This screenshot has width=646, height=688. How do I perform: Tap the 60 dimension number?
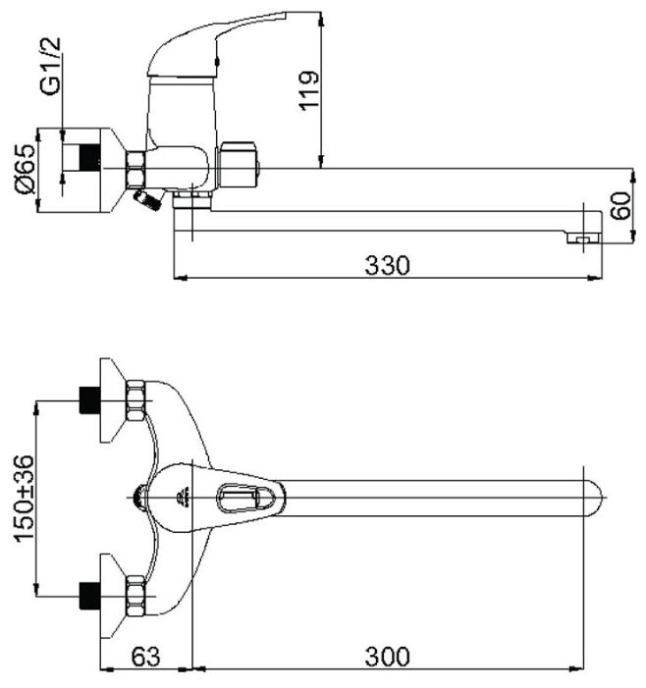click(x=618, y=205)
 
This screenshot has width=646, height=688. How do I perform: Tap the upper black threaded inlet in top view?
click(x=89, y=400)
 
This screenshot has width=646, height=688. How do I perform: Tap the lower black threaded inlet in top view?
click(x=89, y=593)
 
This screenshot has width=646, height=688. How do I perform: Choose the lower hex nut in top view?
click(x=134, y=593)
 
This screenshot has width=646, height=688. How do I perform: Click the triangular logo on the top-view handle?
click(x=184, y=498)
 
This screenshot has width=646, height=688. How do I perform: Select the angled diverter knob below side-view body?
click(x=147, y=200)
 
